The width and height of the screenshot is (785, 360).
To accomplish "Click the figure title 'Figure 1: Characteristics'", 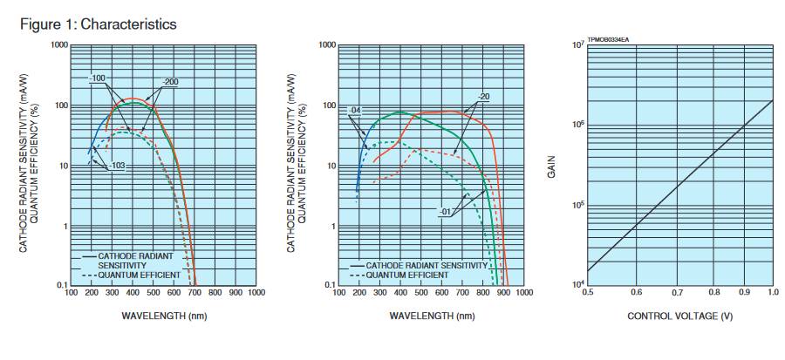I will (98, 24).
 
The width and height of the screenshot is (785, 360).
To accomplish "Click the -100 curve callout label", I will (97, 78).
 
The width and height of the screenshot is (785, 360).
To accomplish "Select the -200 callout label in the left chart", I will (169, 82).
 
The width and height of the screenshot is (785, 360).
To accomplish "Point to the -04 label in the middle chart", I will (353, 111).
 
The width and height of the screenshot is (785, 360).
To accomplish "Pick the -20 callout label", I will (483, 96).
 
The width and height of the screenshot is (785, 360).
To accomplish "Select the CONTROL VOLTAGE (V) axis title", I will (679, 316).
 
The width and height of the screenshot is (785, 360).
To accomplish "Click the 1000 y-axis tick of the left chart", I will (58, 44).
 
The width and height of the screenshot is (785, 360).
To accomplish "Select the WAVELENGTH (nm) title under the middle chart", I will (430, 315).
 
